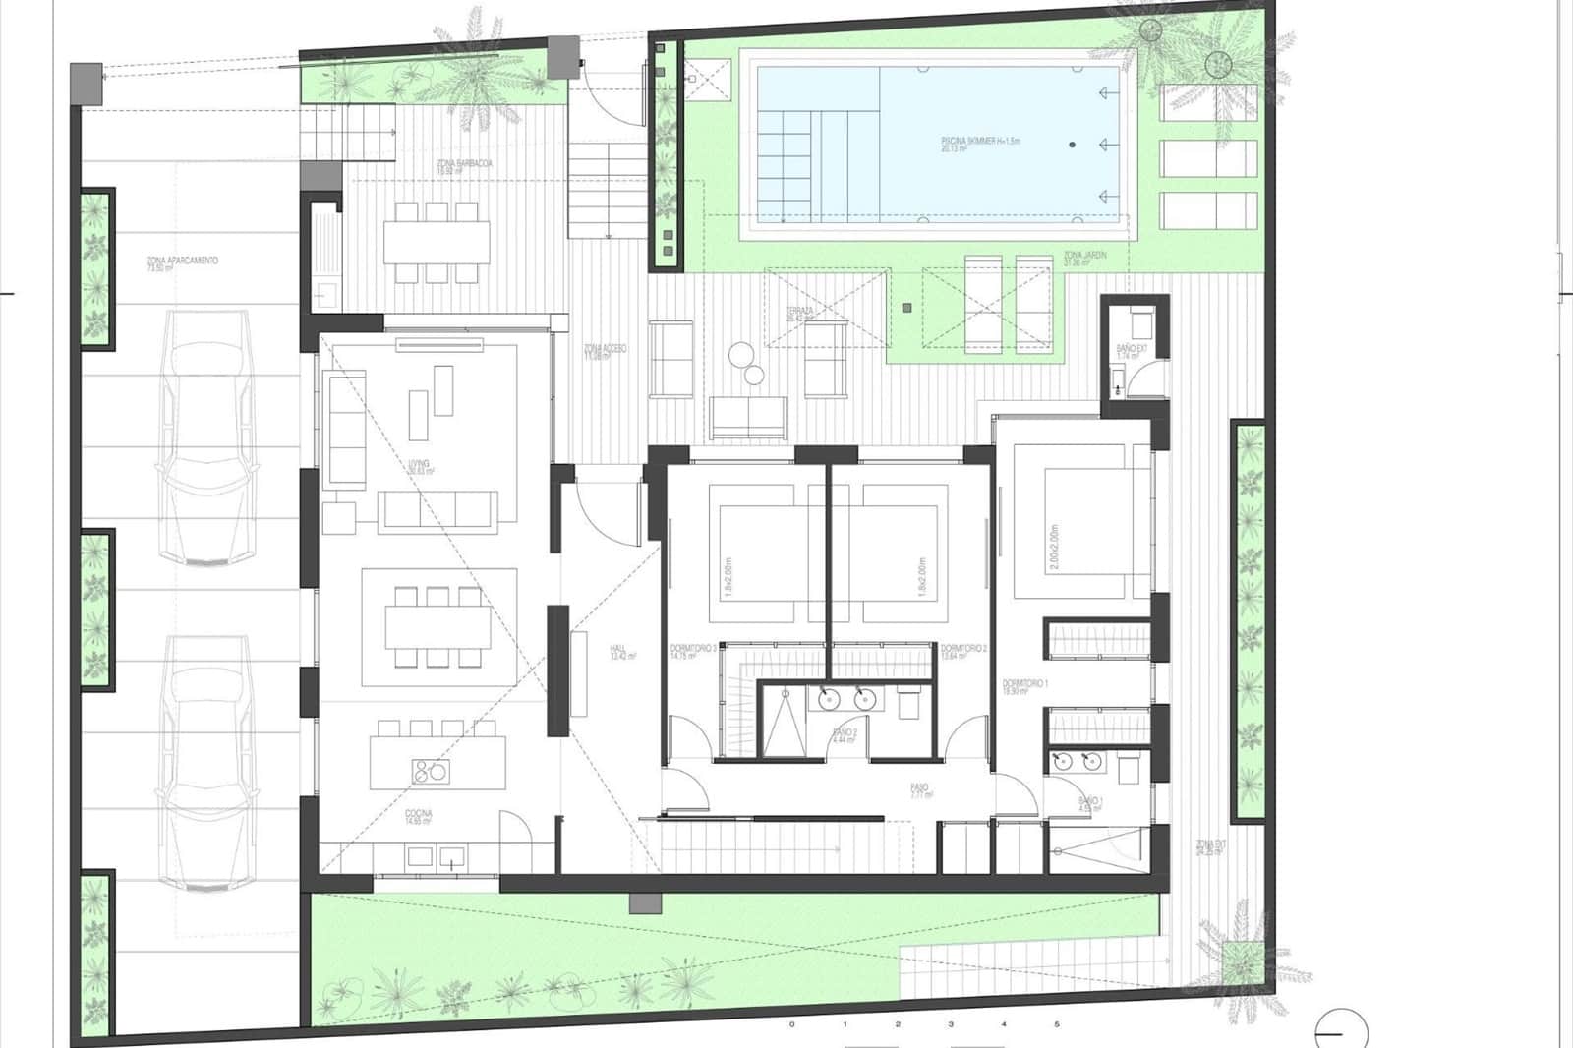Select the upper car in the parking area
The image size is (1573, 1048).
tap(206, 437)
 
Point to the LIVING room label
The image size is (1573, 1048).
tap(421, 467)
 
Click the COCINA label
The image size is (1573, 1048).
tap(419, 818)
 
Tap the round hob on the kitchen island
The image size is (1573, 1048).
tap(429, 772)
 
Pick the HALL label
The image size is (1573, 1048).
tap(619, 653)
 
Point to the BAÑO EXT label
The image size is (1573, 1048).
tap(1132, 352)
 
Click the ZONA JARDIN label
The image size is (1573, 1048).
tap(1085, 259)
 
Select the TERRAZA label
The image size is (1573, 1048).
tap(800, 314)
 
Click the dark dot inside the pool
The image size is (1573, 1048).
tap(1072, 145)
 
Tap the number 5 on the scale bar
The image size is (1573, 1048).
tap(1057, 1024)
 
